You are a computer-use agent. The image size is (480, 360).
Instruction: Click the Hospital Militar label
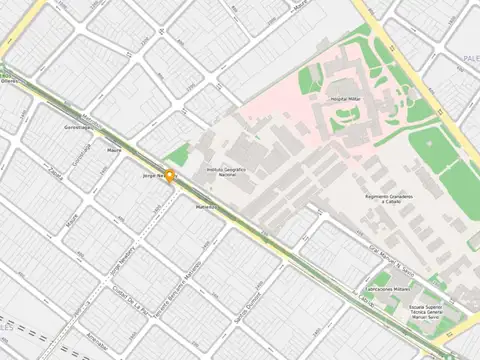point(344,100)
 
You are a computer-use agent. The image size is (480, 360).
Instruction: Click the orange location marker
point(170,178)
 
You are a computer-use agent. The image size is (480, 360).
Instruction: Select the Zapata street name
point(56,172)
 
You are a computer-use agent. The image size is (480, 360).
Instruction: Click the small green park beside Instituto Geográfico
point(178,155)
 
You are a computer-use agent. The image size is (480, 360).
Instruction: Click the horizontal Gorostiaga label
point(78,127)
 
